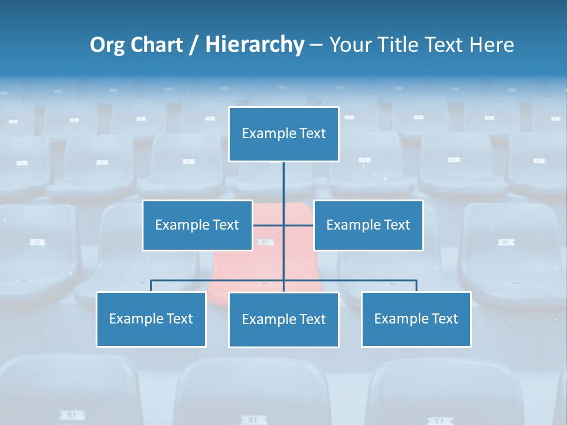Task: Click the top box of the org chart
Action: [x=283, y=134]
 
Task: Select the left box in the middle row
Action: [x=197, y=225]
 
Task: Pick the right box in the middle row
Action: [x=368, y=225]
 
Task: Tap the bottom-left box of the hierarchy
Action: [x=151, y=319]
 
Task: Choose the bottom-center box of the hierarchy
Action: [x=283, y=320]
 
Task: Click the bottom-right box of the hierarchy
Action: [x=416, y=319]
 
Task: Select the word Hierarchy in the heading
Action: [x=254, y=45]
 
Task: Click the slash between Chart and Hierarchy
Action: [x=193, y=45]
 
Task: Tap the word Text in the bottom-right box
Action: [x=445, y=319]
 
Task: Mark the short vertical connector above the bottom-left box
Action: [x=151, y=286]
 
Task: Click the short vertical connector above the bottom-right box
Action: [x=416, y=286]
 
